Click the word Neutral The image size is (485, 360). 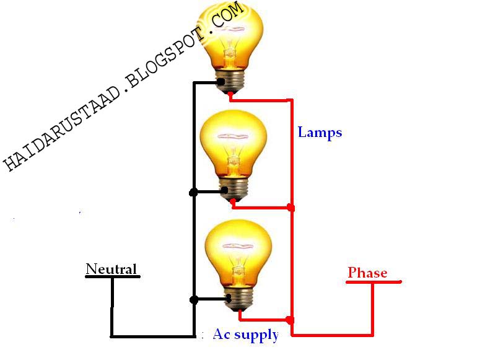pos(111,269)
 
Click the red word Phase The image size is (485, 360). pos(367,273)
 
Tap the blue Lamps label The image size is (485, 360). pos(320,132)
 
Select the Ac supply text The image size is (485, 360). pos(245,335)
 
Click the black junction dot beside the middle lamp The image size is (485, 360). pos(193,193)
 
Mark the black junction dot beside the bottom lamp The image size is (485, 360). pos(194,300)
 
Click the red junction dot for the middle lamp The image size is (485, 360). pos(291,208)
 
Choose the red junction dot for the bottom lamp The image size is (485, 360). pos(291,320)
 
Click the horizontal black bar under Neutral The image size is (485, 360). pos(112,277)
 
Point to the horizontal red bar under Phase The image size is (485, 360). pos(374,283)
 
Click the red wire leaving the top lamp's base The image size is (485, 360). pos(260,99)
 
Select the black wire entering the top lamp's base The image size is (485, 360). pos(206,82)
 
